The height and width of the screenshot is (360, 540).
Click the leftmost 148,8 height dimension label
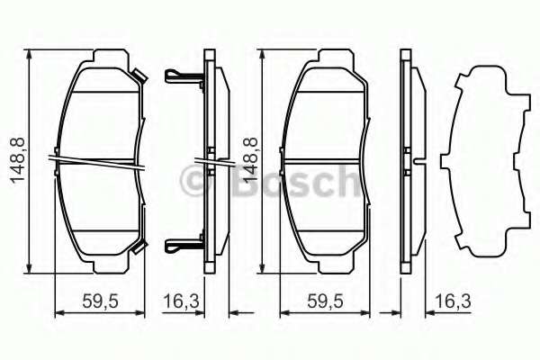(16, 160)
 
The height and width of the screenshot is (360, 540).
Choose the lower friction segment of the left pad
(101, 202)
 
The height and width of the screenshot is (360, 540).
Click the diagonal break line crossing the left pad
(101, 161)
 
